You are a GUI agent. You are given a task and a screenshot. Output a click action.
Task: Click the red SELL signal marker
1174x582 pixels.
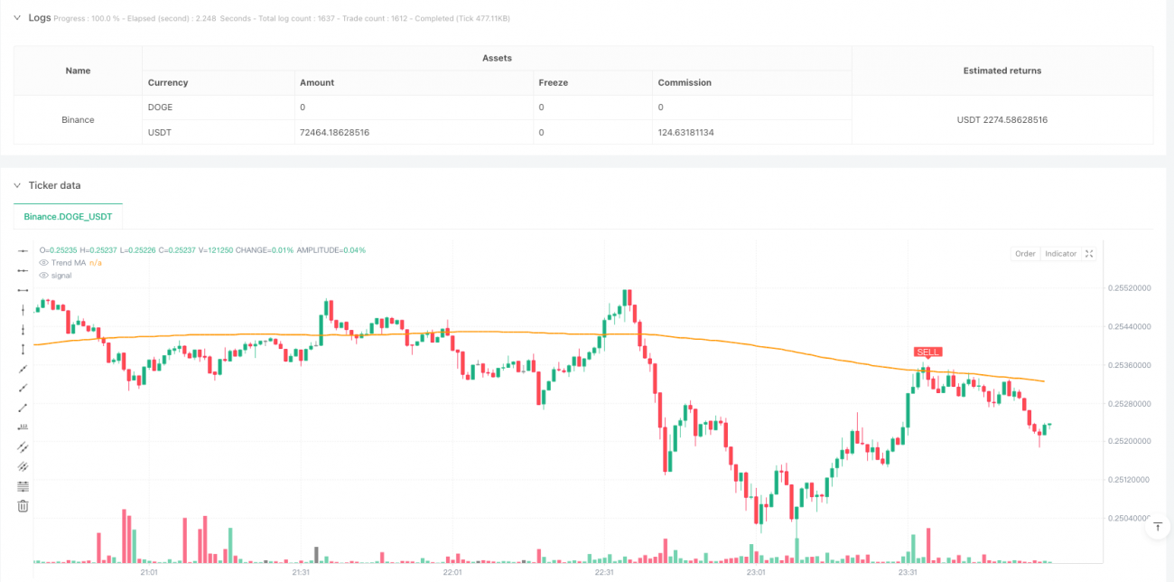[x=927, y=352]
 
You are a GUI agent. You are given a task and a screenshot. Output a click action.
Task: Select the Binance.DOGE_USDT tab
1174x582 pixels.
[x=69, y=217]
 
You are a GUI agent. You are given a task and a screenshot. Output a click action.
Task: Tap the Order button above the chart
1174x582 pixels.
[x=1025, y=254]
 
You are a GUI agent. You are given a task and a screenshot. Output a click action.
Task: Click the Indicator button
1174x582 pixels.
[x=1060, y=254]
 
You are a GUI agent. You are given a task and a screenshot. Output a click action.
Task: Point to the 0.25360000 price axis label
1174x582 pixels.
[x=1130, y=365]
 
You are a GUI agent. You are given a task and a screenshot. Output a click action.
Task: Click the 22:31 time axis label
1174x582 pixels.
[x=604, y=572]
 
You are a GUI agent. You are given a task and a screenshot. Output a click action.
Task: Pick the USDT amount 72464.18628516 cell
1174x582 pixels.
[x=334, y=132]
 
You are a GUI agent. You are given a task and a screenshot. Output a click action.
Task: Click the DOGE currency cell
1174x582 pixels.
[x=161, y=107]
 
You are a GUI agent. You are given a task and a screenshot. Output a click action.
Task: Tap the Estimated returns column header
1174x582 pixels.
[x=1002, y=70]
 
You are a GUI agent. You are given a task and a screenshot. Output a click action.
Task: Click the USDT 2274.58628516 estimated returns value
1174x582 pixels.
[x=1002, y=119]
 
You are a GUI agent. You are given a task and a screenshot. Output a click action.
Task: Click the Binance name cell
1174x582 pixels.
[x=78, y=119]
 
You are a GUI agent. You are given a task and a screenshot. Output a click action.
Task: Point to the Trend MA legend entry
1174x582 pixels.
[x=68, y=262]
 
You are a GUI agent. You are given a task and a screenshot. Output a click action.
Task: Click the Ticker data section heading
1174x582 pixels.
[x=54, y=185]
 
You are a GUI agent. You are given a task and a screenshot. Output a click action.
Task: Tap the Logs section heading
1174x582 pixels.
[x=39, y=17]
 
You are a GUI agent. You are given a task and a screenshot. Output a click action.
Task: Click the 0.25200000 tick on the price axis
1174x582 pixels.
[x=1130, y=441]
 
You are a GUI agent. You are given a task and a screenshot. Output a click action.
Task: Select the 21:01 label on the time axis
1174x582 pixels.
[x=149, y=572]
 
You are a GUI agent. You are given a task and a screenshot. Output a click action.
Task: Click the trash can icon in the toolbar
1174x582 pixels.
[x=23, y=506]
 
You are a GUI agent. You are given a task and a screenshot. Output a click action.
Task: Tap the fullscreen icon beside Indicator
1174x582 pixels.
[x=1089, y=254]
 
